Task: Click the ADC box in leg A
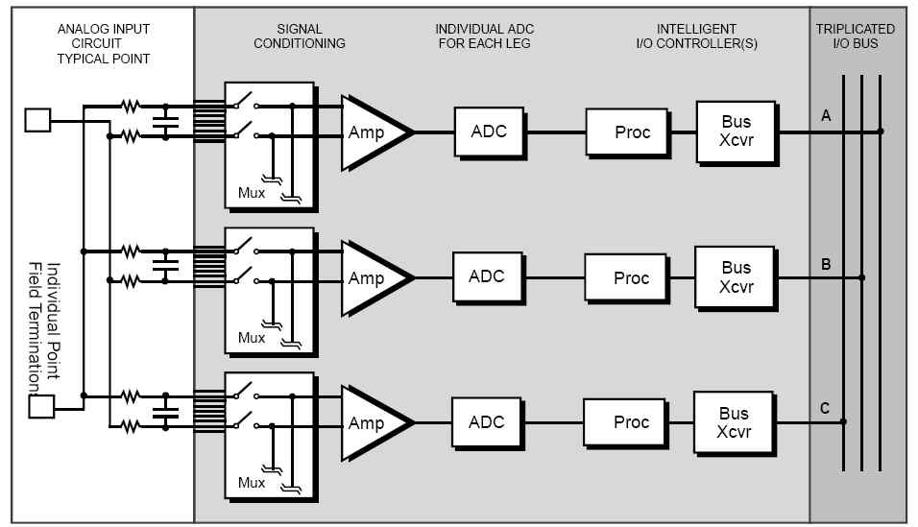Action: [490, 132]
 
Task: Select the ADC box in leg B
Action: [487, 276]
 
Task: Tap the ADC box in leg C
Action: [487, 422]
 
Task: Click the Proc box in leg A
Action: [632, 132]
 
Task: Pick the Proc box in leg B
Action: [631, 277]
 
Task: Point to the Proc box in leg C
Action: [630, 422]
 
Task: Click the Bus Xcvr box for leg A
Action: [737, 132]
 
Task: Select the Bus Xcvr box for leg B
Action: [736, 276]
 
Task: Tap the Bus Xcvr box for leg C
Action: [734, 422]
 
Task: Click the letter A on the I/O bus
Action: [826, 116]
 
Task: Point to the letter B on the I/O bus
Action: [826, 262]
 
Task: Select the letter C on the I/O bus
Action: [825, 409]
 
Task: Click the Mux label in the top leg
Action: [252, 193]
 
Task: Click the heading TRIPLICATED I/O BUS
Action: [857, 36]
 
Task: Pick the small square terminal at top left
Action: [37, 120]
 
